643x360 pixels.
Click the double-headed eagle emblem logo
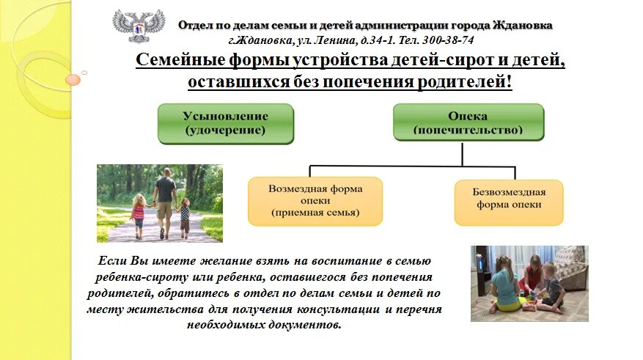(139, 29)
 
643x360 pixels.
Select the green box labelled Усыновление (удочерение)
(226, 123)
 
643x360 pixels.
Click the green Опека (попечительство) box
(469, 122)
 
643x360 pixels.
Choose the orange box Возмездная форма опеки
(315, 201)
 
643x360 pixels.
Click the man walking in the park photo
(166, 202)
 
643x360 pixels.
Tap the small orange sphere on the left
(73, 79)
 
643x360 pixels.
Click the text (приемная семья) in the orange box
(315, 213)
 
